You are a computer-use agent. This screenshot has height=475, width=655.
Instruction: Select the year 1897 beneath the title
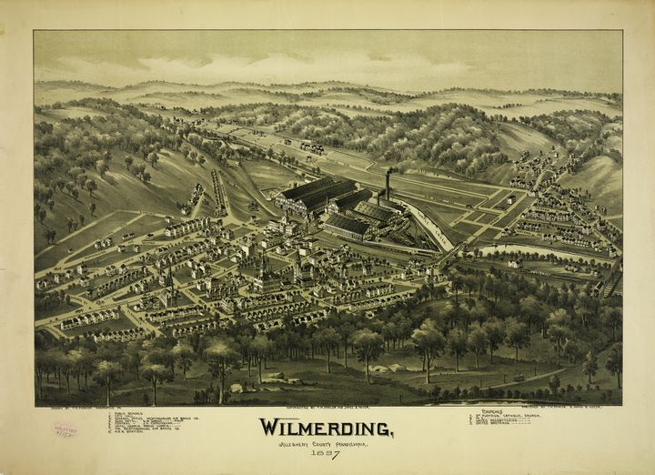point(325,454)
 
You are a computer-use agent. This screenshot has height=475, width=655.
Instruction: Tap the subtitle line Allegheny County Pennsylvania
point(325,443)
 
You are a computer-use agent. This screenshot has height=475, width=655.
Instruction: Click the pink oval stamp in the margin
point(65,430)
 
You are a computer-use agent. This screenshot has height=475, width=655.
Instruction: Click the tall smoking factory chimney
point(388,184)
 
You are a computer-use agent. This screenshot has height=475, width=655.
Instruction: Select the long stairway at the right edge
point(612,278)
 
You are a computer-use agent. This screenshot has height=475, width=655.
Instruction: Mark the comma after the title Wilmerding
point(392,435)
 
